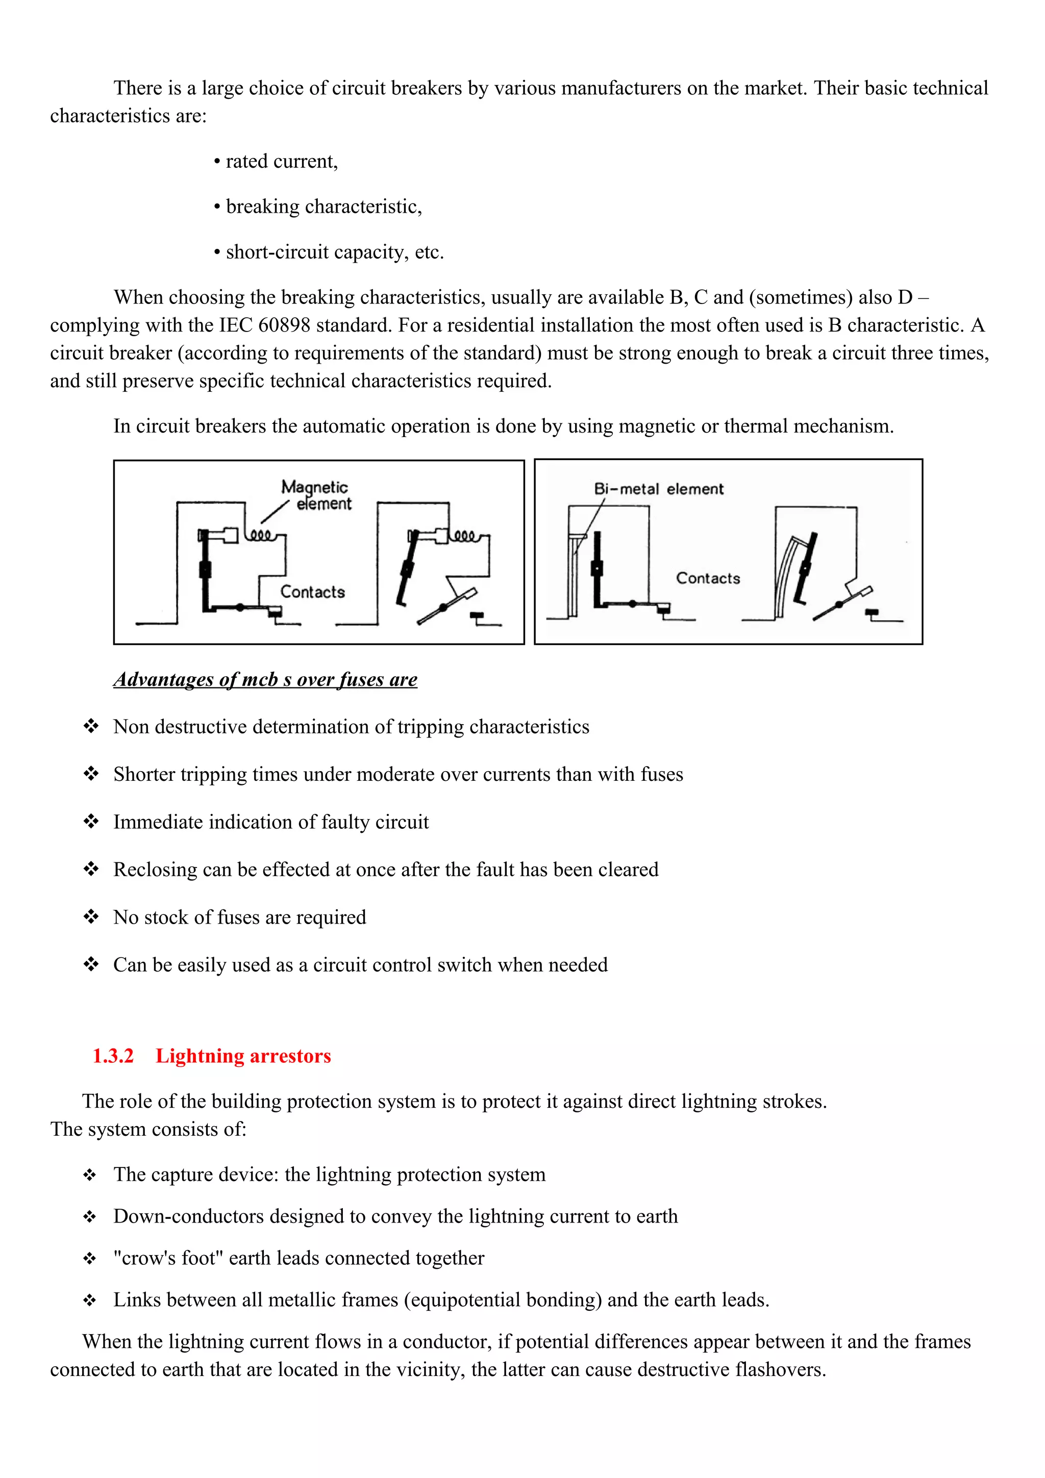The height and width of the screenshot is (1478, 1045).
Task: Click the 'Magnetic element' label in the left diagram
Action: pos(316,495)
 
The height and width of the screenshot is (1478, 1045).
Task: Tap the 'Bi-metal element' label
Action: pos(658,489)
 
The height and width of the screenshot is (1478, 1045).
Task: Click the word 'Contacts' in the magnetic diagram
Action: pos(312,592)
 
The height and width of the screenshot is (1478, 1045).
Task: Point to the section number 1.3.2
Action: pos(113,1056)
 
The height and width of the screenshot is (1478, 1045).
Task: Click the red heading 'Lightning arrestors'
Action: pos(243,1056)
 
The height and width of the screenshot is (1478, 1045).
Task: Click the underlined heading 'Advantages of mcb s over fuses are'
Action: pos(265,679)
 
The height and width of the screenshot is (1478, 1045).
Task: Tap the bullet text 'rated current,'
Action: pos(281,161)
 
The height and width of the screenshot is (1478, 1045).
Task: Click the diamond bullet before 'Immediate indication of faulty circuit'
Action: pos(91,822)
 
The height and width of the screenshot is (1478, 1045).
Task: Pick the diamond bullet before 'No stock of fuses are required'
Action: pos(91,916)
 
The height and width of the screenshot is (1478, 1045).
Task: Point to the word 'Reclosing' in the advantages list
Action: pos(155,869)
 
